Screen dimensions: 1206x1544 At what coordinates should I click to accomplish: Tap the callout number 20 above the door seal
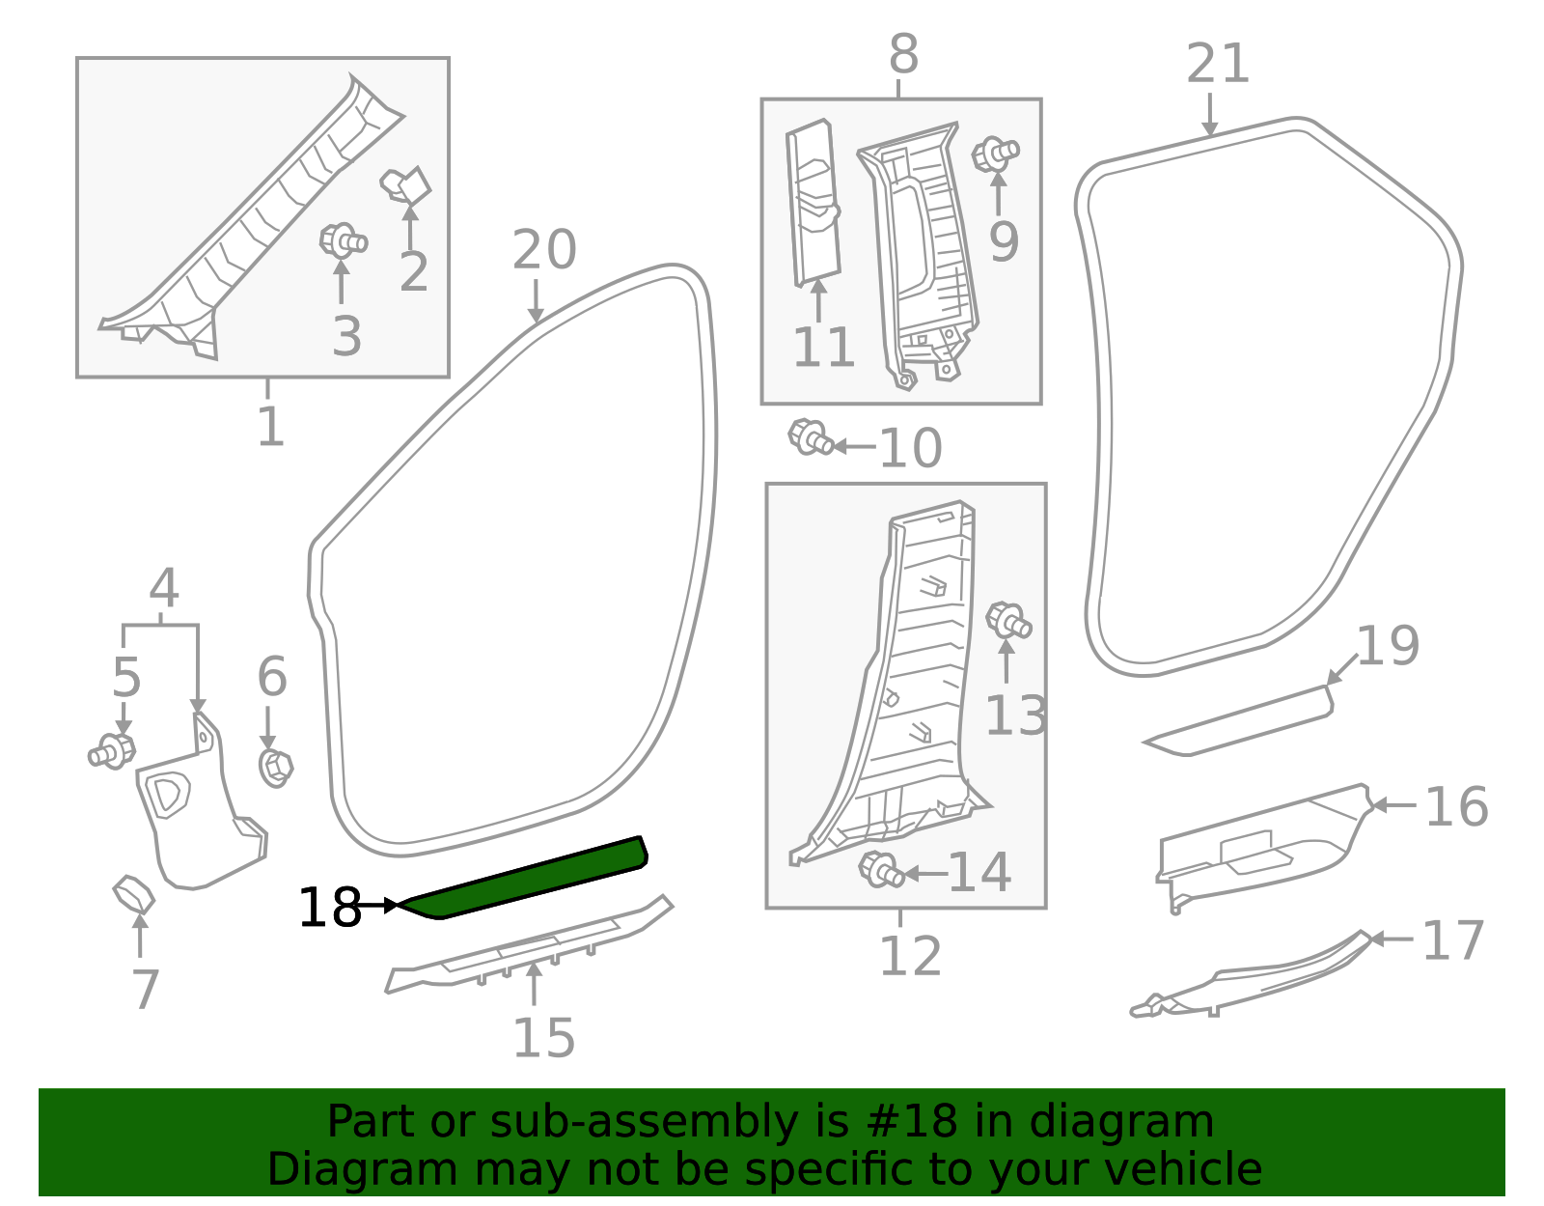pyautogui.click(x=544, y=250)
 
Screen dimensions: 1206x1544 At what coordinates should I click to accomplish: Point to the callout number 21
pyautogui.click(x=1217, y=65)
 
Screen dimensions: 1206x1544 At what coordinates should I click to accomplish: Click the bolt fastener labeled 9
pyautogui.click(x=995, y=154)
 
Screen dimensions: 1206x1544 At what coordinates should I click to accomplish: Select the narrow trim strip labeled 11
pyautogui.click(x=813, y=205)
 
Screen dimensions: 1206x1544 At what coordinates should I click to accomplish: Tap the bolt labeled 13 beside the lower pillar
pyautogui.click(x=1008, y=620)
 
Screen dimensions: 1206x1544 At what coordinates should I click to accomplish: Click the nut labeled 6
pyautogui.click(x=276, y=767)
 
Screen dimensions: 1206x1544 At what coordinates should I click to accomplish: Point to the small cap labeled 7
pyautogui.click(x=133, y=894)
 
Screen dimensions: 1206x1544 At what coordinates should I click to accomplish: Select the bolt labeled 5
pyautogui.click(x=112, y=751)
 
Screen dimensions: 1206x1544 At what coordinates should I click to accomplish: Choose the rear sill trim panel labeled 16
pyautogui.click(x=1264, y=845)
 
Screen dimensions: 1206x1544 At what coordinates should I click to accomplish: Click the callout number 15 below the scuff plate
pyautogui.click(x=543, y=1038)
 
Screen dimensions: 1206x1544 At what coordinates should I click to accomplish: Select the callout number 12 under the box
pyautogui.click(x=910, y=956)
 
